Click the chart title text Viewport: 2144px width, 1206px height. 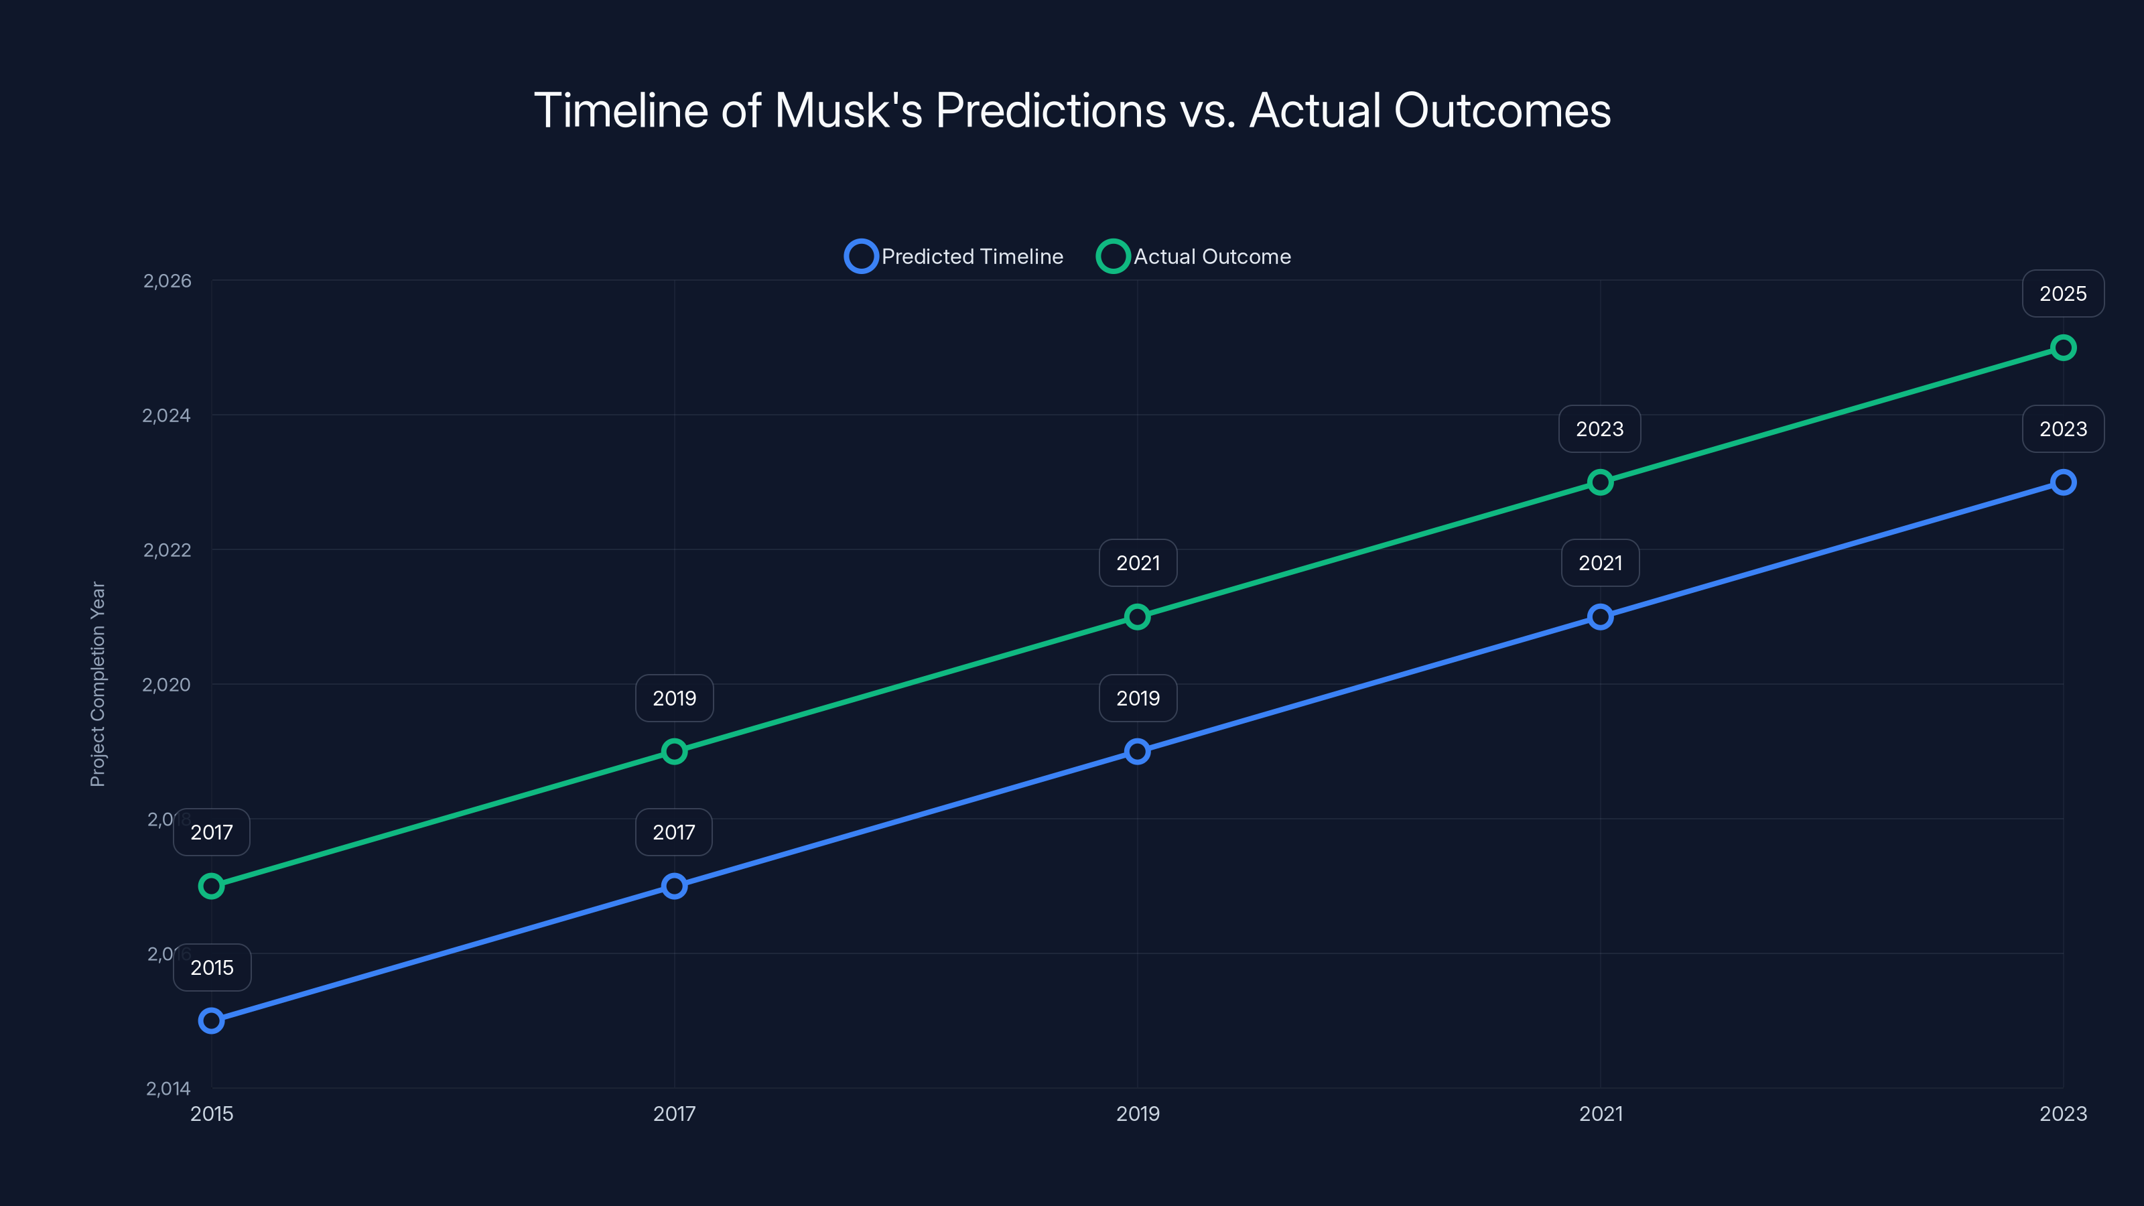point(1072,110)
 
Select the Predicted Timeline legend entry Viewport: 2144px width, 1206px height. point(955,257)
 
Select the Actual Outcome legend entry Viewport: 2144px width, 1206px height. point(1195,257)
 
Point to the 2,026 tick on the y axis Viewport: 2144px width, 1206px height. point(167,281)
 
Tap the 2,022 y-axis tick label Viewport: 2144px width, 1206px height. point(167,550)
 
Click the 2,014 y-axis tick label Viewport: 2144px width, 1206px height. point(168,1089)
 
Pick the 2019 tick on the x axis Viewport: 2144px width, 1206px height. point(1137,1114)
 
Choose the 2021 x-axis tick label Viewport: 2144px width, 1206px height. point(1601,1114)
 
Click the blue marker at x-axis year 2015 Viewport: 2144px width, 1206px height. point(212,1020)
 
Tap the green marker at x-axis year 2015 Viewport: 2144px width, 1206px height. point(212,886)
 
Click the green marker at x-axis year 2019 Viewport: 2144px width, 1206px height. point(1137,616)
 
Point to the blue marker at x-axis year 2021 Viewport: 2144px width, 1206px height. point(1600,616)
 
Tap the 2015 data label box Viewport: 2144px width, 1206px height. point(212,967)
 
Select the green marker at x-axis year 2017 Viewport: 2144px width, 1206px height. point(674,752)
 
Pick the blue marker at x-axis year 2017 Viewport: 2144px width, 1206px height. point(674,886)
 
